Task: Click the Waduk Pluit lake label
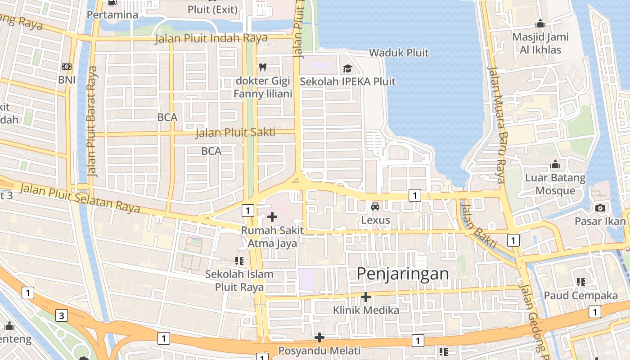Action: (399, 53)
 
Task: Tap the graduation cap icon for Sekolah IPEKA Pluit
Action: (347, 68)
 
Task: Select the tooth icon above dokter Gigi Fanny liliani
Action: (263, 67)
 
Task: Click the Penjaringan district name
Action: (403, 274)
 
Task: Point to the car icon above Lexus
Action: (375, 207)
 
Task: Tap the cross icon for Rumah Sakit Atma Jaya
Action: (272, 217)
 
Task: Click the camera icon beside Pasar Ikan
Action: (600, 208)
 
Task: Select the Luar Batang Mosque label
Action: (555, 184)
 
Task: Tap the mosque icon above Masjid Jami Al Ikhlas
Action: (540, 23)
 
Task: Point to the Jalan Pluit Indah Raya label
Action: (211, 39)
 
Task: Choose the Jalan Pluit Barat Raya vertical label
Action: (92, 121)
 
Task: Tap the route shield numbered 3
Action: (62, 315)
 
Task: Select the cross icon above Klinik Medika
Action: (366, 297)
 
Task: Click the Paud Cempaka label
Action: (580, 296)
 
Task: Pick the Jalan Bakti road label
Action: (479, 226)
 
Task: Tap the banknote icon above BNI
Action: (66, 67)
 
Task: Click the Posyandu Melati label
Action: (319, 351)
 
